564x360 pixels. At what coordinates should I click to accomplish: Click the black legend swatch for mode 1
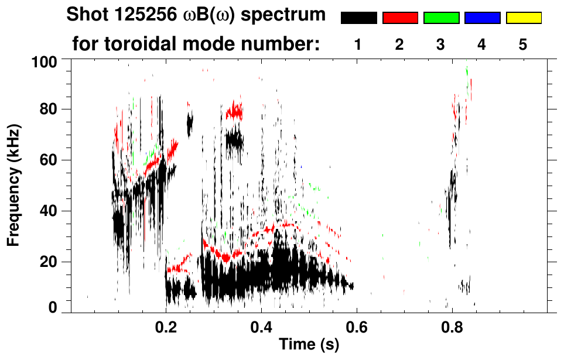(359, 18)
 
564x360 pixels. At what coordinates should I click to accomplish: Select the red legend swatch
(400, 18)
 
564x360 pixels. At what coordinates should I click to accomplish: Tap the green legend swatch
(441, 18)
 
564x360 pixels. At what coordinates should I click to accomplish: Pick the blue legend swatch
(482, 18)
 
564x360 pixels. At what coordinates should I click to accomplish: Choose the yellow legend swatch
(523, 18)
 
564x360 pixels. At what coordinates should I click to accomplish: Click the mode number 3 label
(440, 45)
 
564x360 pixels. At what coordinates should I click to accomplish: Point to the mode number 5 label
(522, 45)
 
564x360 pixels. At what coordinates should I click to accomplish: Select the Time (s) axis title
(309, 345)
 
